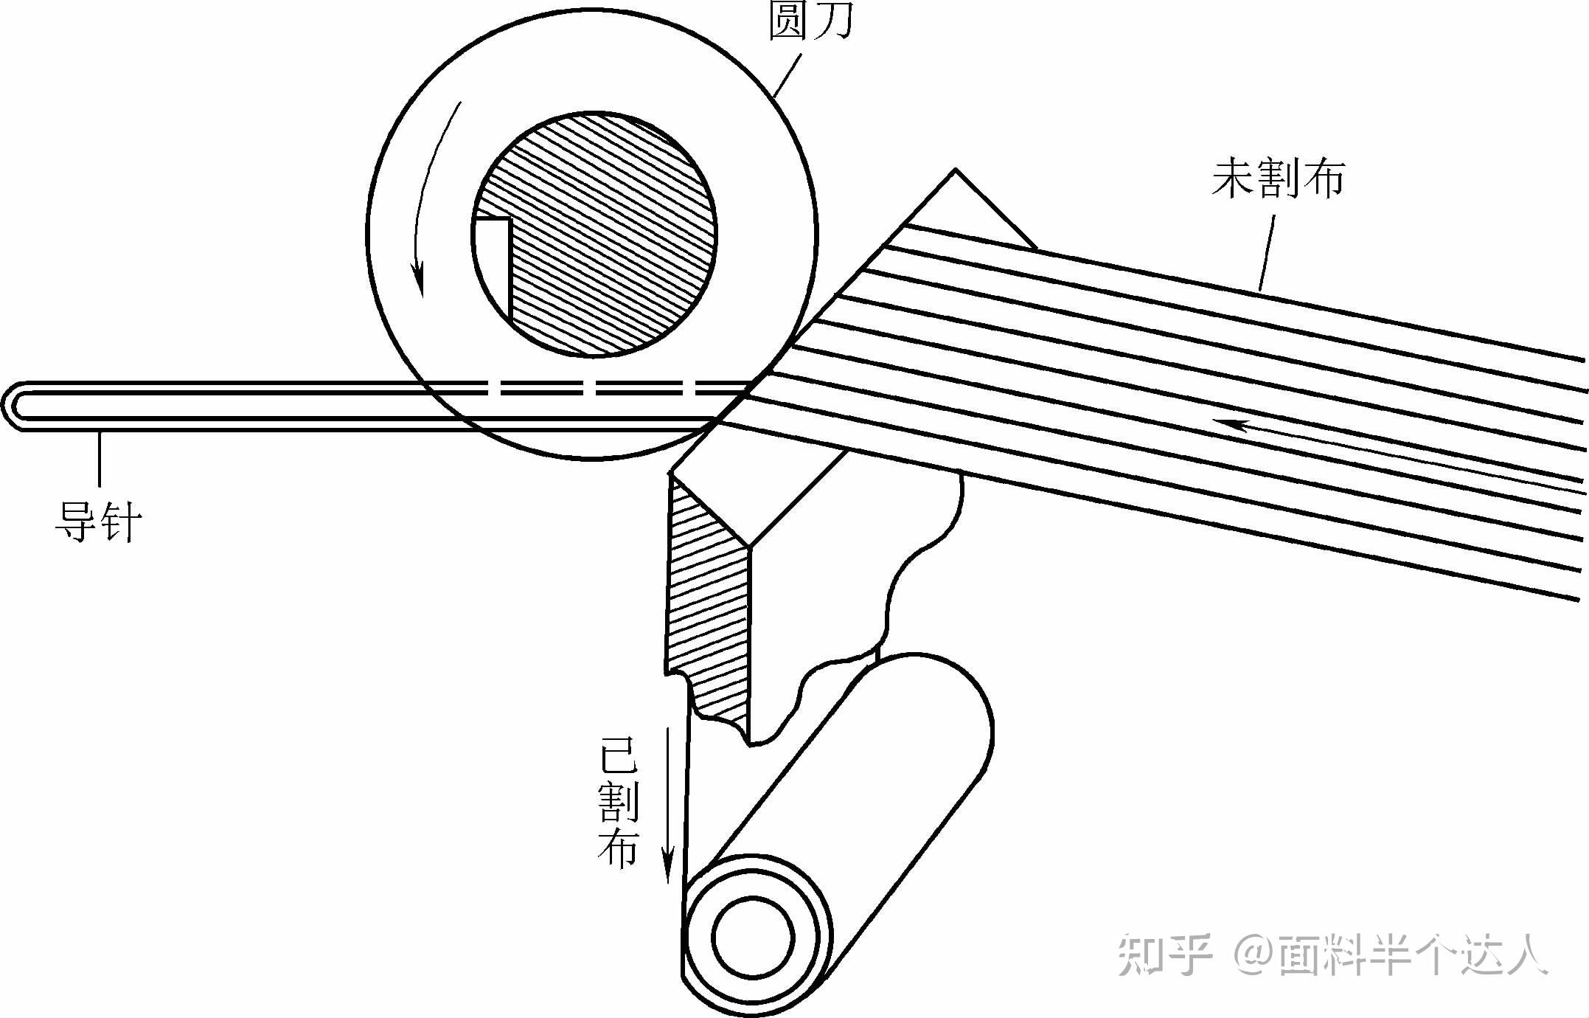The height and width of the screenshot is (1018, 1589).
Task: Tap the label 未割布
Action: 1278,179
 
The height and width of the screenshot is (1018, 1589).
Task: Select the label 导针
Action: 97,522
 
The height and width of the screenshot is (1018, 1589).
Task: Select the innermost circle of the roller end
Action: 752,938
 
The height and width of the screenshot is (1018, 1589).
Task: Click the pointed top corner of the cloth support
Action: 956,172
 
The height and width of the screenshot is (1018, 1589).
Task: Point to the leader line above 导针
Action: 99,460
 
